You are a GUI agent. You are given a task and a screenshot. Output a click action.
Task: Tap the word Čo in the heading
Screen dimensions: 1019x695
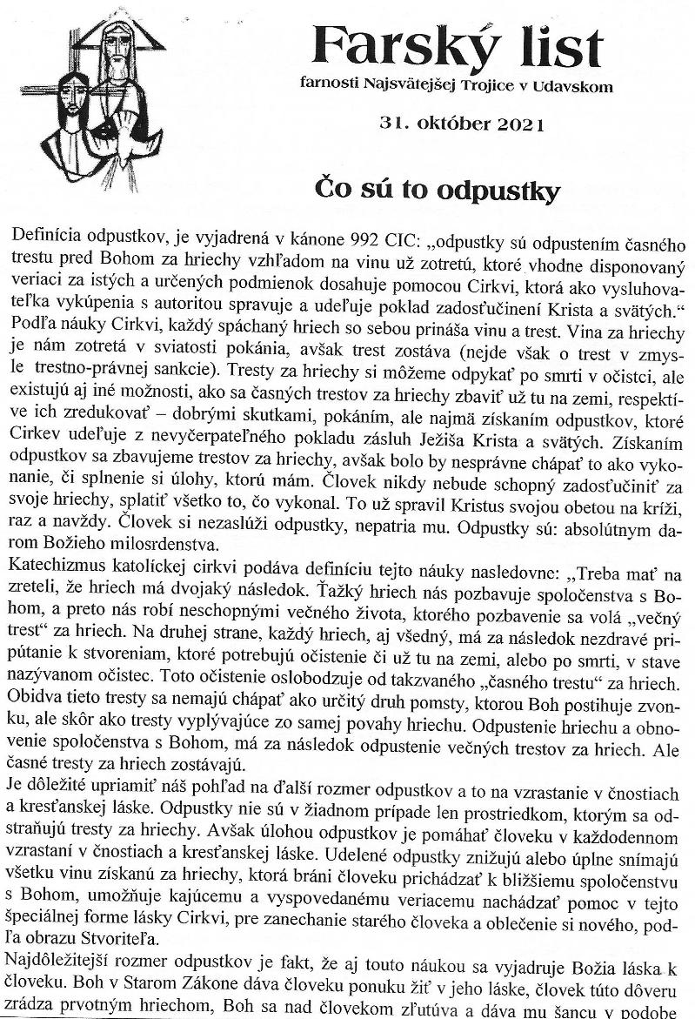[x=331, y=190]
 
